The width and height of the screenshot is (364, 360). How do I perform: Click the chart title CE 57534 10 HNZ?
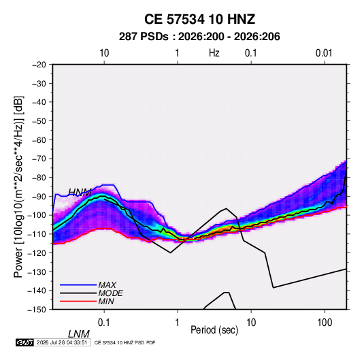point(199,19)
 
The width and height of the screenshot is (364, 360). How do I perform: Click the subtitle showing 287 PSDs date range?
point(199,37)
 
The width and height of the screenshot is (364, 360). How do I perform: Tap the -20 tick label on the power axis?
point(39,65)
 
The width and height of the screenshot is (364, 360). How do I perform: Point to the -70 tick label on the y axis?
point(39,159)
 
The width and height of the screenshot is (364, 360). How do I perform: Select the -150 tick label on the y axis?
point(37,310)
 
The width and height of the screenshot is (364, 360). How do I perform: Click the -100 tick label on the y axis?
point(37,215)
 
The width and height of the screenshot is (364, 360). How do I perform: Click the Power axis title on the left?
point(18,186)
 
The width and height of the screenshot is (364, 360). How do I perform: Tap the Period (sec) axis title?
point(214,330)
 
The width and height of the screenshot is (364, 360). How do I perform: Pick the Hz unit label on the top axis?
point(214,53)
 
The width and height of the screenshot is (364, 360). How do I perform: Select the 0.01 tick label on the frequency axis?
point(324,53)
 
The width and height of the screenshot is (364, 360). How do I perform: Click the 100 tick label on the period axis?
point(325,323)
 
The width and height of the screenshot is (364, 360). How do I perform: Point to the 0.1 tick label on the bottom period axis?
point(104,323)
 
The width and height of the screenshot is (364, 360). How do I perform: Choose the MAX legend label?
point(107,284)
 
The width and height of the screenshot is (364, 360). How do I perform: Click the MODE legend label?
point(110,293)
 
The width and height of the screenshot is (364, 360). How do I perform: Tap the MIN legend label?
point(106,301)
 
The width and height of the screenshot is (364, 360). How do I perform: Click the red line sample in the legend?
point(78,301)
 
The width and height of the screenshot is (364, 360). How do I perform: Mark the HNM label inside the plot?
point(80,193)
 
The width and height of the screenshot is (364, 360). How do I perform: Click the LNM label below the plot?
point(79,334)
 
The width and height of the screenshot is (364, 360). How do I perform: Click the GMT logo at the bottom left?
point(25,342)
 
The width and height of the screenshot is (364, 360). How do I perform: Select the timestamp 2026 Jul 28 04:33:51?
point(62,342)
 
